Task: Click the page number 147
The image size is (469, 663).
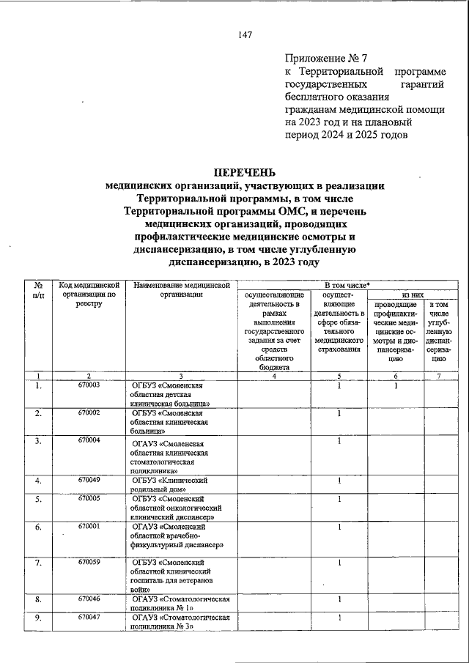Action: tap(245, 36)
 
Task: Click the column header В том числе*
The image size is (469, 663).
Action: tap(347, 284)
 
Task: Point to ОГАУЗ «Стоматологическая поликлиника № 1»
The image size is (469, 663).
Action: tap(180, 604)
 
